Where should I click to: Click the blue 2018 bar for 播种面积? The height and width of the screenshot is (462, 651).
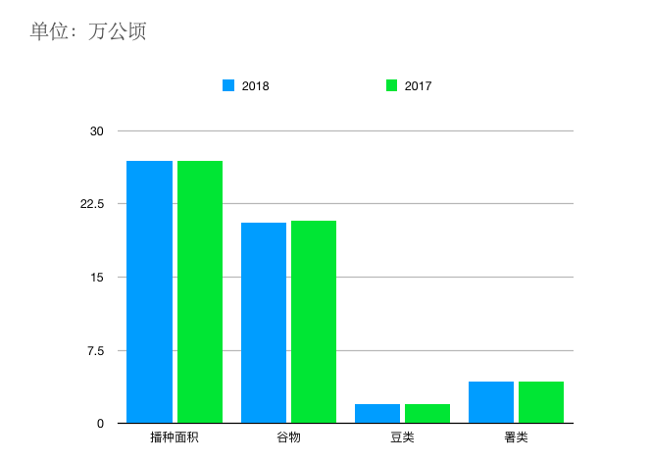[149, 292]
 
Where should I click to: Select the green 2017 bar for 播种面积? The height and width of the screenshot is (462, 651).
[200, 292]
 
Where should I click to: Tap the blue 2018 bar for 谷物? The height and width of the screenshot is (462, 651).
[264, 323]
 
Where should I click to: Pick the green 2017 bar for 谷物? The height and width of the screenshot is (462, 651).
[314, 322]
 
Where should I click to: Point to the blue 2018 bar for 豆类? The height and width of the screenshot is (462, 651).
[377, 414]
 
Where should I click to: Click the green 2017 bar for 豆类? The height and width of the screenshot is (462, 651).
[427, 414]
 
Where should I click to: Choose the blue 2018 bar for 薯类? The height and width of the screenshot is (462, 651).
[491, 402]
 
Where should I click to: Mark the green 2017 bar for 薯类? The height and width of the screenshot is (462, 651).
[541, 402]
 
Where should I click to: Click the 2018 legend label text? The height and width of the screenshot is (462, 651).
[255, 86]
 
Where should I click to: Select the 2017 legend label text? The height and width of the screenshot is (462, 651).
[418, 86]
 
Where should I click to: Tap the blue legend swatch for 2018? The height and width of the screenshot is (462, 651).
[228, 85]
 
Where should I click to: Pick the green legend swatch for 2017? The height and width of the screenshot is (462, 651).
[391, 85]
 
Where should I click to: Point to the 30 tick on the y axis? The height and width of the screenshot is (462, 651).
[96, 131]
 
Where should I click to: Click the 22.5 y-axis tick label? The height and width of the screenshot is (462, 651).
[91, 204]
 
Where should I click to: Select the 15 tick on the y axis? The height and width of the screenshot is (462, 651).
[96, 278]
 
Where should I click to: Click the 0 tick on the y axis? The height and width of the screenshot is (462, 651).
[100, 424]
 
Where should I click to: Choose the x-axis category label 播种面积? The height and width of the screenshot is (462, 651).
[175, 437]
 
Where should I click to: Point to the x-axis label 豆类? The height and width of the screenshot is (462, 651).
[402, 437]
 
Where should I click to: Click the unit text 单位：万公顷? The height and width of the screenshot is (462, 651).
[88, 31]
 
